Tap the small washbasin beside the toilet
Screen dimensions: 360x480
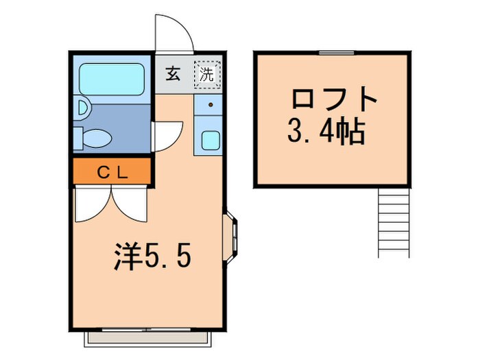pos(82,108)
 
